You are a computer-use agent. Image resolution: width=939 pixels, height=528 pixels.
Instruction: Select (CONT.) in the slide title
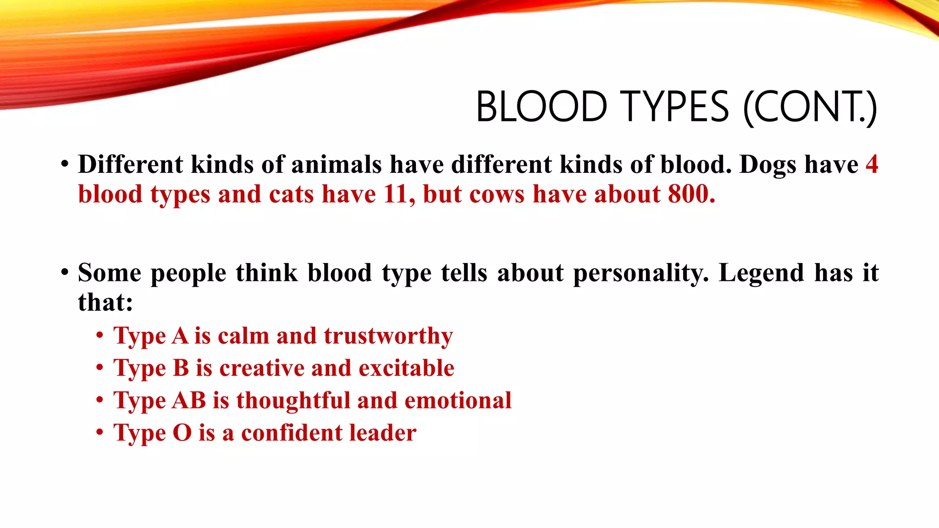tap(810, 108)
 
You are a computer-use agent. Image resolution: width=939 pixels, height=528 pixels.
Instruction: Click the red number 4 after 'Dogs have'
tap(872, 164)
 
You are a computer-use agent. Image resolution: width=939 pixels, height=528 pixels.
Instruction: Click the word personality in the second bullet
tap(641, 273)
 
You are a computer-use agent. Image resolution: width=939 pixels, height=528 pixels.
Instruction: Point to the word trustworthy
tap(388, 336)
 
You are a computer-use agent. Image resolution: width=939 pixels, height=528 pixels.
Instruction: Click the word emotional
tap(458, 400)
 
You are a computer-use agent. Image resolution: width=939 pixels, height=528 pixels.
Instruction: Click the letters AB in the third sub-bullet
tap(189, 400)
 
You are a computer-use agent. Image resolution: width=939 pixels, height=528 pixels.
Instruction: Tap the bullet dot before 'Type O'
tap(100, 432)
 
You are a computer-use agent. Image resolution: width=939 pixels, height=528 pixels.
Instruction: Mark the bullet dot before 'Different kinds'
tap(65, 164)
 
